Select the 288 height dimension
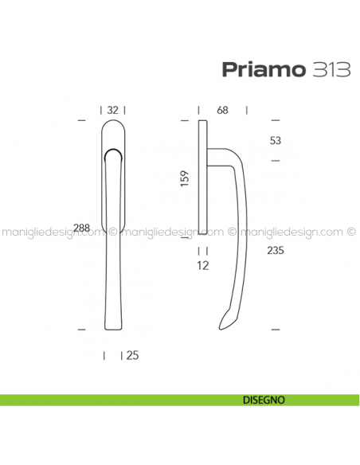click(80, 229)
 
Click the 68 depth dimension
click(222, 111)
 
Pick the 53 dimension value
click(276, 141)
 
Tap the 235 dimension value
click(276, 250)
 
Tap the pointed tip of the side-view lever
click(221, 326)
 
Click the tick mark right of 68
click(247, 111)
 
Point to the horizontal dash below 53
click(276, 162)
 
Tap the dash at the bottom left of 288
click(80, 328)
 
